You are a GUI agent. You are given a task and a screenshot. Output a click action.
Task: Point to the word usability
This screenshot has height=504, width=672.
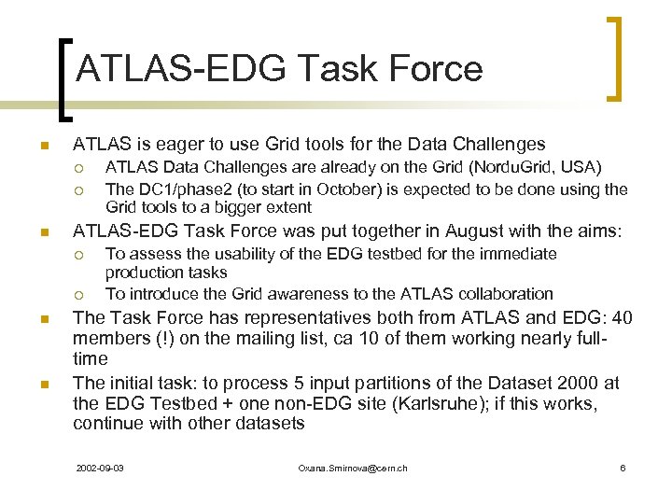pyautogui.click(x=241, y=254)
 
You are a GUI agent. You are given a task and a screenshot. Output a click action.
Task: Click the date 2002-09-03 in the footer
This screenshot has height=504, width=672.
pyautogui.click(x=102, y=468)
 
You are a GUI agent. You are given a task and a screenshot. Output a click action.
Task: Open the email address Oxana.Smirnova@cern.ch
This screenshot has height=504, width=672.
pyautogui.click(x=352, y=468)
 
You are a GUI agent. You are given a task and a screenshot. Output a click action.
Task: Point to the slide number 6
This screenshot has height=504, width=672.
pyautogui.click(x=623, y=468)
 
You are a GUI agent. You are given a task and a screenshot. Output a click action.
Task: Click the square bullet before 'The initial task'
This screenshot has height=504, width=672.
pyautogui.click(x=43, y=384)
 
